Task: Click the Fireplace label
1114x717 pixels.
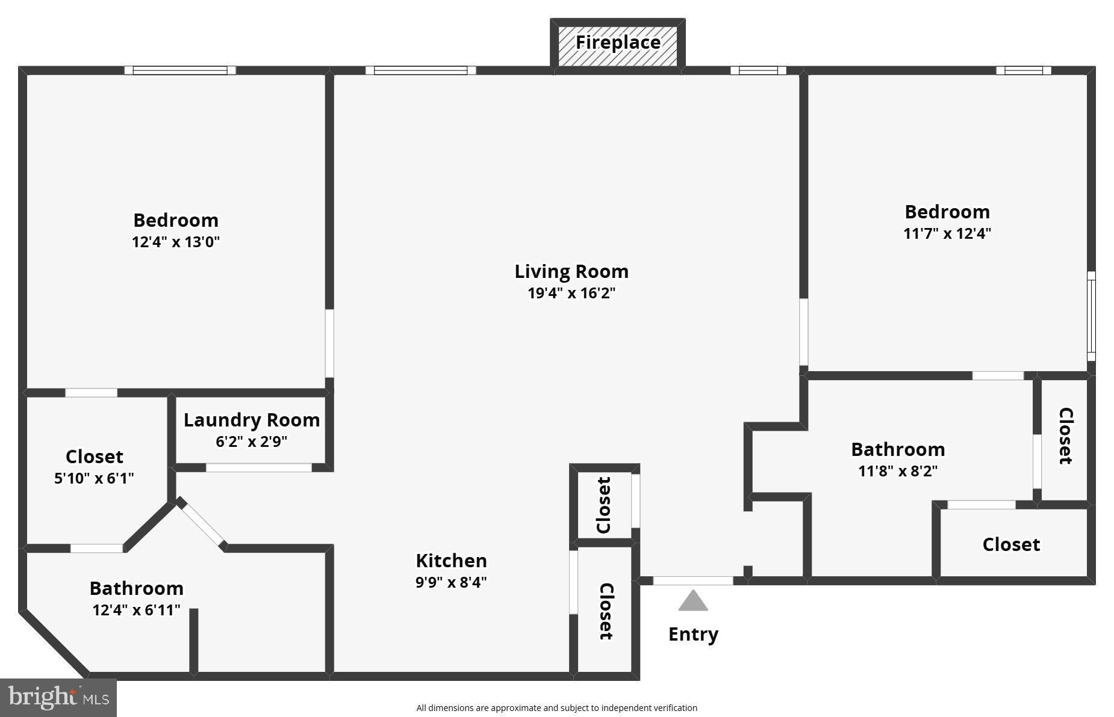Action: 618,43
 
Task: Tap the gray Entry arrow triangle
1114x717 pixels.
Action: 693,601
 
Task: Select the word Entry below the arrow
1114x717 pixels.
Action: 693,634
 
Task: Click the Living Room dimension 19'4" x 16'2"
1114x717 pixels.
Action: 571,294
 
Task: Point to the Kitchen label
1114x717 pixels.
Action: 451,561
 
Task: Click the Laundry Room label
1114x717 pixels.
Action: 252,420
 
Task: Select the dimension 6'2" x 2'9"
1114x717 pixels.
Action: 252,442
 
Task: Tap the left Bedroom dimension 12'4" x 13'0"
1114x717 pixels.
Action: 176,242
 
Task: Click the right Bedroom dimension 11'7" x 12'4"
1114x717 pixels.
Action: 947,233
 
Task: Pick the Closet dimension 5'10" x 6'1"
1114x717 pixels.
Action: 94,478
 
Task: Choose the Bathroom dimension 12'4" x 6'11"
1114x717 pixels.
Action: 136,610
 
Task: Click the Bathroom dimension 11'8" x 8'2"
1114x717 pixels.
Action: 898,471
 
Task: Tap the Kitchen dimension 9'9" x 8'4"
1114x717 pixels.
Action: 451,582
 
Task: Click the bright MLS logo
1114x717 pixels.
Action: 58,698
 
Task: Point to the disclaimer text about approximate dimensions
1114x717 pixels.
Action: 556,708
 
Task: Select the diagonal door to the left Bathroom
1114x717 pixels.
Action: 202,524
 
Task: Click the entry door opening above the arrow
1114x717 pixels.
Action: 693,580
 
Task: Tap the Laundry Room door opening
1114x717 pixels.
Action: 259,467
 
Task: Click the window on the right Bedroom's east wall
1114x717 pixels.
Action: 1091,316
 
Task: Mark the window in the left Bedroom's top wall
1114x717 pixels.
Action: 180,70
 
